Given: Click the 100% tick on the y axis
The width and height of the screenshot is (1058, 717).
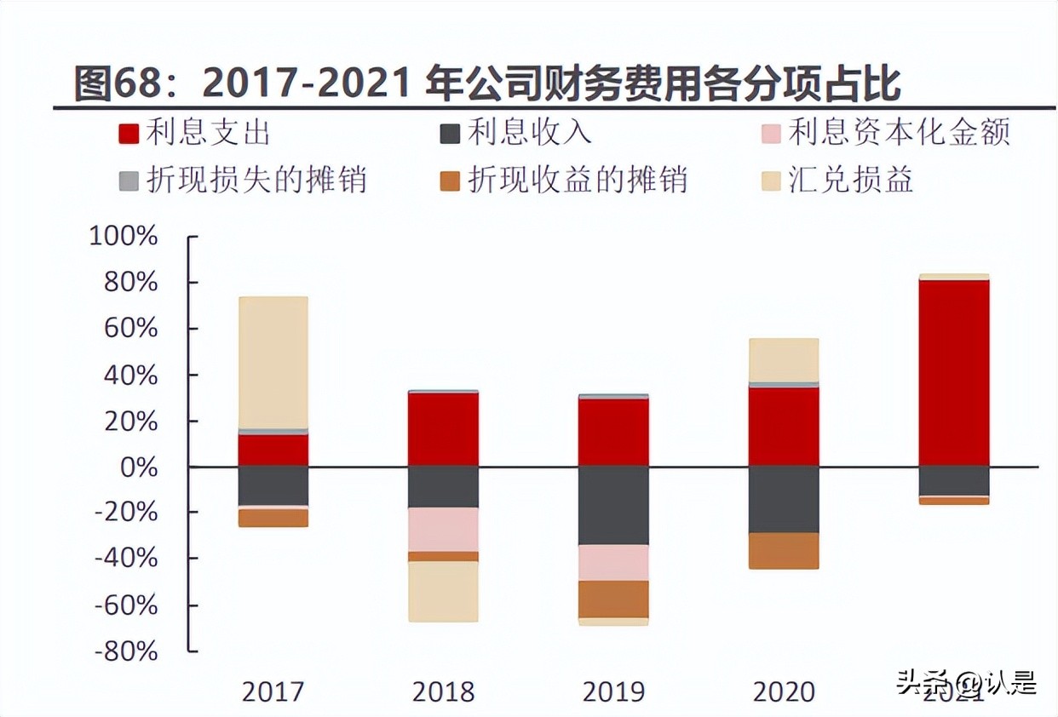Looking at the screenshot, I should pos(124,236).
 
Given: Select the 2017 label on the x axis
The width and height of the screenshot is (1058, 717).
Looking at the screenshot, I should pos(273,691).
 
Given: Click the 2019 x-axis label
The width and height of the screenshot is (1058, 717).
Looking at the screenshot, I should pos(613,691).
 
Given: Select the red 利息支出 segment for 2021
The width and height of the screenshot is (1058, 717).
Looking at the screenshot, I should pos(954,372).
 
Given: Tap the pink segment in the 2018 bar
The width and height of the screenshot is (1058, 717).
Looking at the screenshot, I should pos(443,529).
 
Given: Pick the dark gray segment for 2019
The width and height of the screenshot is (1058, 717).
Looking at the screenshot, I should pos(613,505).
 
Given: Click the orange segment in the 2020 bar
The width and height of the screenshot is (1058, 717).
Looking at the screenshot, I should pos(784,550).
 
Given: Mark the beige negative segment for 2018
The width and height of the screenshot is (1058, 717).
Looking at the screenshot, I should pos(443,591).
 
